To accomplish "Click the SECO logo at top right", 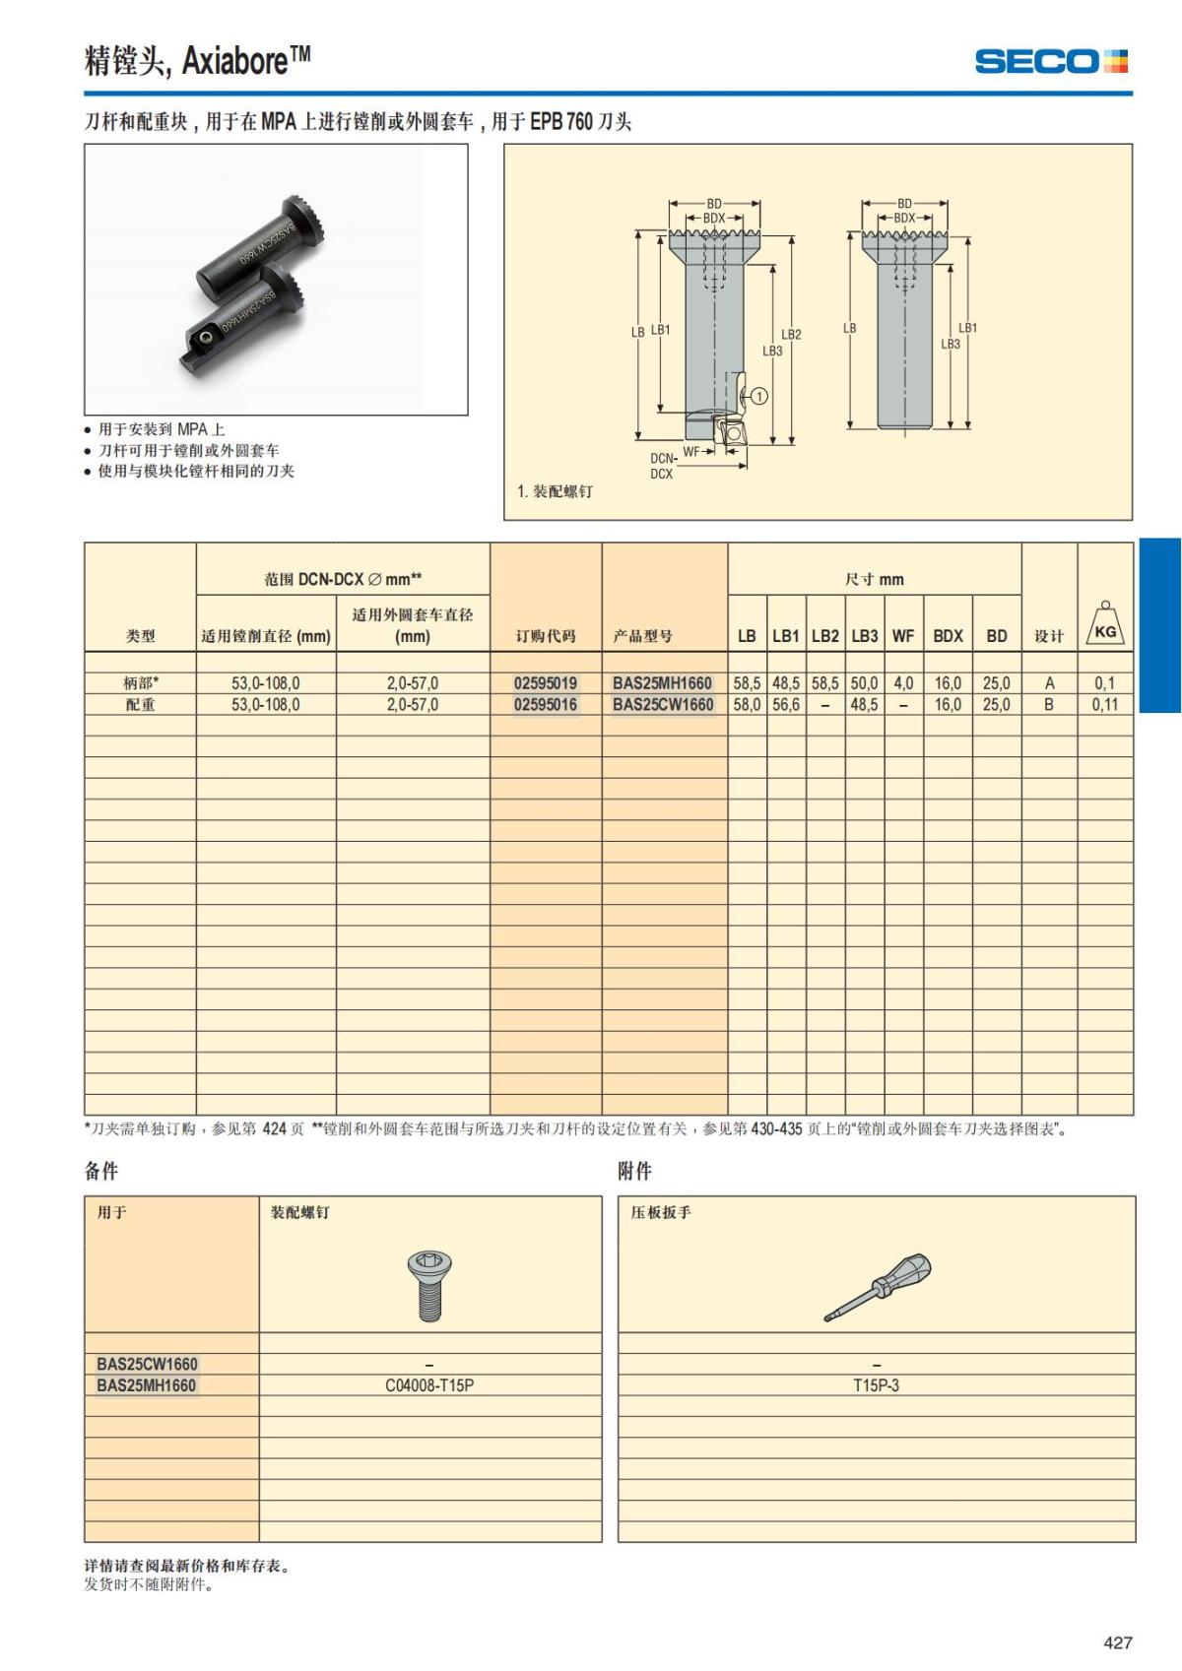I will coord(1051,61).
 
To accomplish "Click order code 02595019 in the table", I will coord(546,682).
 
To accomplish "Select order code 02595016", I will coord(546,704).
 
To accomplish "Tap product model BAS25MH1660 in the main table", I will coord(662,682).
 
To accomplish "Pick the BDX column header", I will coord(948,636).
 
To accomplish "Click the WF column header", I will coord(902,636).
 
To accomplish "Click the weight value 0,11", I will coord(1105,704).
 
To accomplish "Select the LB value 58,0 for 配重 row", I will coord(747,704).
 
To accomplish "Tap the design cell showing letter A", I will coord(1049,682).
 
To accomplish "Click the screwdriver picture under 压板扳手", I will coord(877,1286).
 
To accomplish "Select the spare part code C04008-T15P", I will coord(429,1385).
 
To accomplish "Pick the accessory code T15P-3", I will coord(876,1385).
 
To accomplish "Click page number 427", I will coord(1118,1642).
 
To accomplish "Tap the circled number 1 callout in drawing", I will coord(759,396).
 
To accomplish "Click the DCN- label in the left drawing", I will coord(663,458).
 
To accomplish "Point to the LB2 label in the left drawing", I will coord(791,334).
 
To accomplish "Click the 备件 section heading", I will coord(101,1171).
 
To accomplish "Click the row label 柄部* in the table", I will coord(140,682).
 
